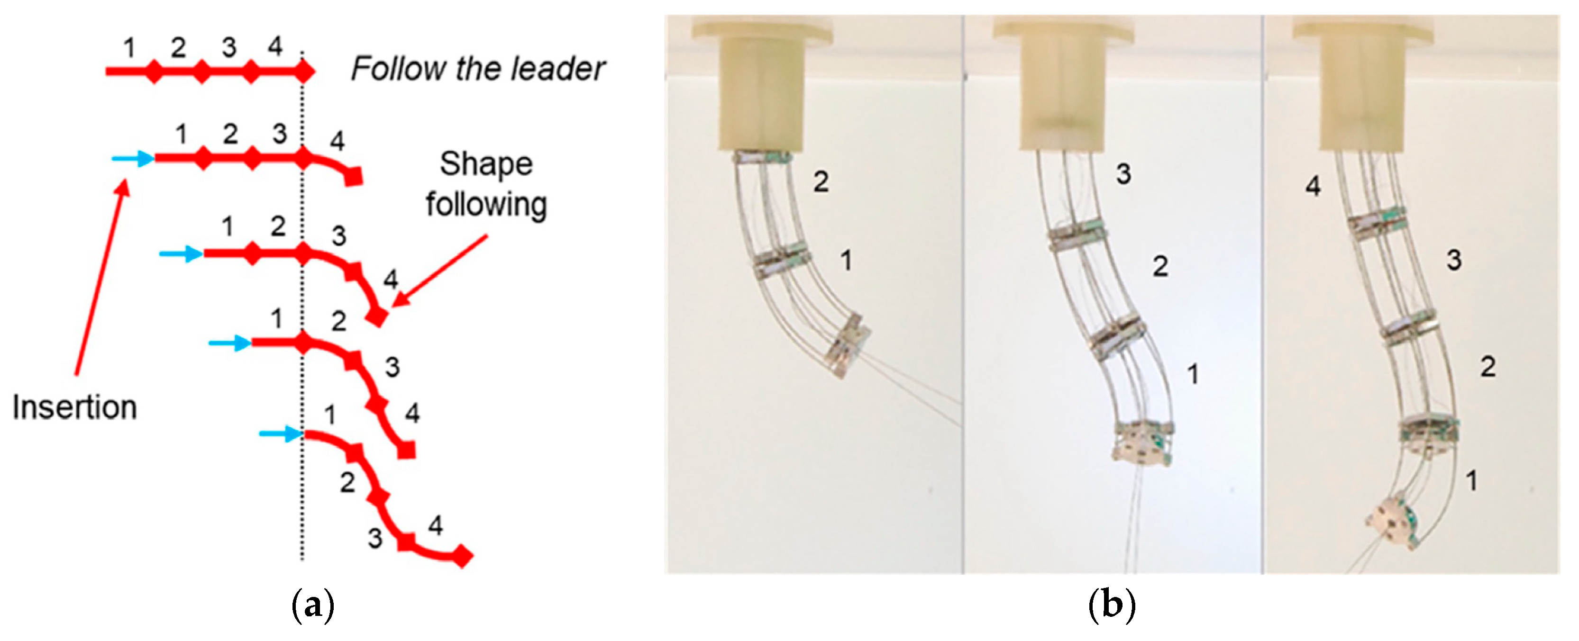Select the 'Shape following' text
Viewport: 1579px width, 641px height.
coord(486,184)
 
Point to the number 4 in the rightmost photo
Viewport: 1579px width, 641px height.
coord(1313,186)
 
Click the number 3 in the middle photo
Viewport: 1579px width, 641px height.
coord(1123,174)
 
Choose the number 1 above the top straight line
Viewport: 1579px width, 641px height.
coord(129,47)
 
